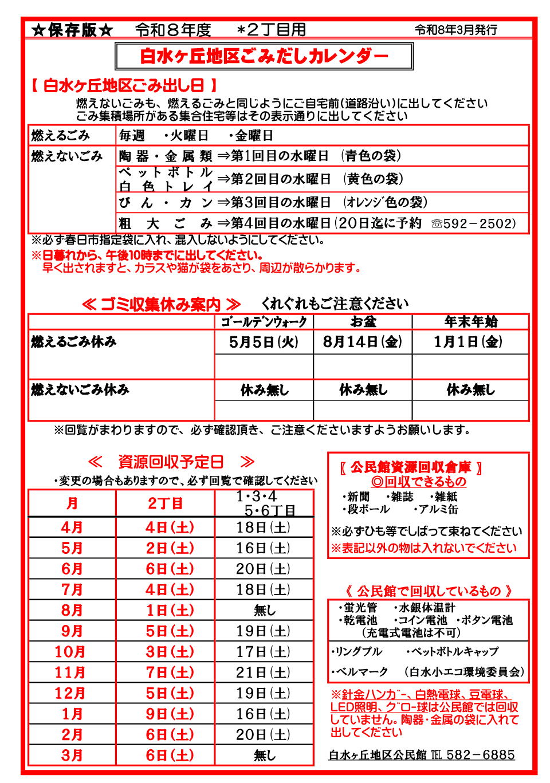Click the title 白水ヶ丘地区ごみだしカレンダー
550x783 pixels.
click(264, 56)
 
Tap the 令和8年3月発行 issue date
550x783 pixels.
click(456, 30)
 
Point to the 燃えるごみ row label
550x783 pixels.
click(60, 136)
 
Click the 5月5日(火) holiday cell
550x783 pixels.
click(264, 342)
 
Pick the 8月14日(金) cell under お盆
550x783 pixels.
click(362, 342)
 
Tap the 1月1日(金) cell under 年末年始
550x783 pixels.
click(468, 342)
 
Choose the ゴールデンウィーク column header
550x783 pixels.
click(264, 322)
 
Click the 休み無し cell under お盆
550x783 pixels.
click(363, 390)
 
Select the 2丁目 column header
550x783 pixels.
click(165, 503)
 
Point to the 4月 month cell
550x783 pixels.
click(72, 528)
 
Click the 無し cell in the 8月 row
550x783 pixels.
click(264, 610)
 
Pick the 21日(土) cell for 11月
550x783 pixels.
click(264, 672)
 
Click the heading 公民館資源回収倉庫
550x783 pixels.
click(410, 467)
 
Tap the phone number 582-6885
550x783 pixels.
click(480, 755)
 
